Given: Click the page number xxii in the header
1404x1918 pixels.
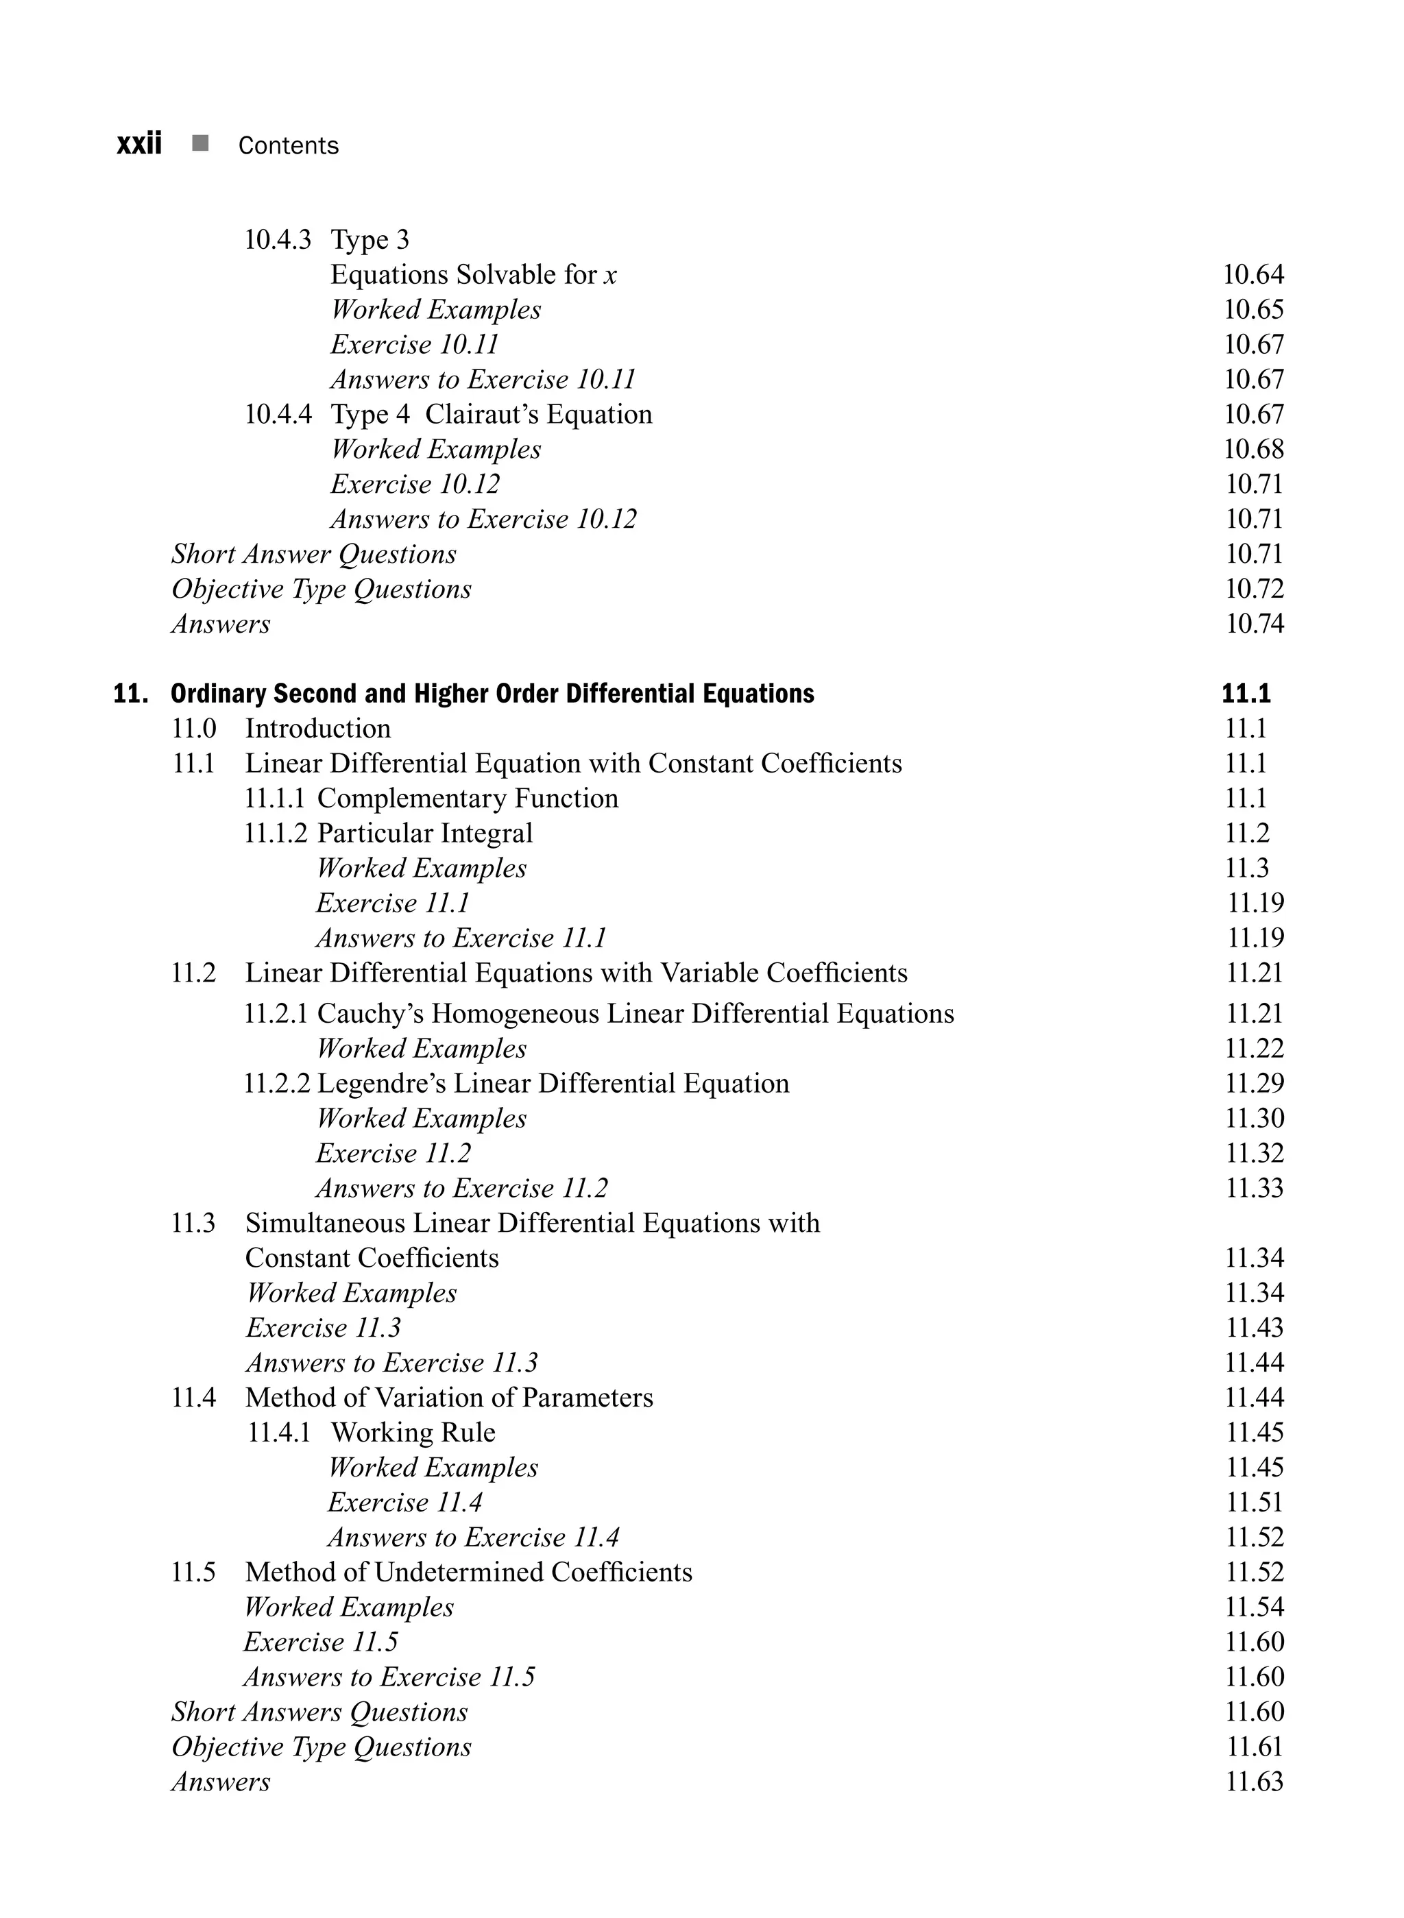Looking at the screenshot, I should coord(138,144).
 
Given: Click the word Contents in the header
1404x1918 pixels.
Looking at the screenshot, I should coord(288,145).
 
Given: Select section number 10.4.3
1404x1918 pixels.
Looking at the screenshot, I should coord(278,240).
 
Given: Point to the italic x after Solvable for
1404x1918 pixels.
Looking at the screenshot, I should coord(610,276).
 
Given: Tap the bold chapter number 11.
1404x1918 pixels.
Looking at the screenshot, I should coord(131,694).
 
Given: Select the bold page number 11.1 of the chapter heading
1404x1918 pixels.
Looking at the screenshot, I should coord(1246,694).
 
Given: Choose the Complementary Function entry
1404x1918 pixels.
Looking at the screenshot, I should coord(468,798).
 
